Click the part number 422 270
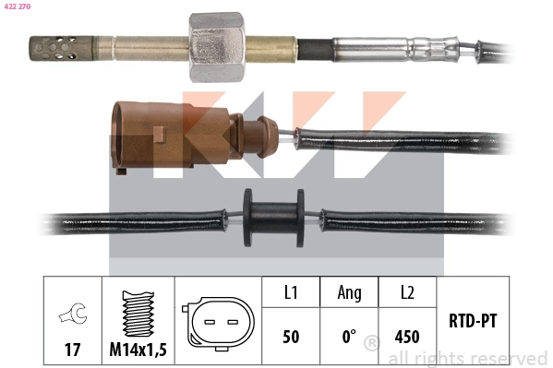point(18,8)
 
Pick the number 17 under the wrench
point(71,350)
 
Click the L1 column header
point(289,292)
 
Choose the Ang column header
point(349,292)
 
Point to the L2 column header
point(406,292)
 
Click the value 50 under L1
point(289,338)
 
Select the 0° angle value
point(349,338)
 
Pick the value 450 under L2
point(406,338)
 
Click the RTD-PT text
point(473,323)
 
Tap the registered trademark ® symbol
point(371,344)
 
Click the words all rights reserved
point(467,358)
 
